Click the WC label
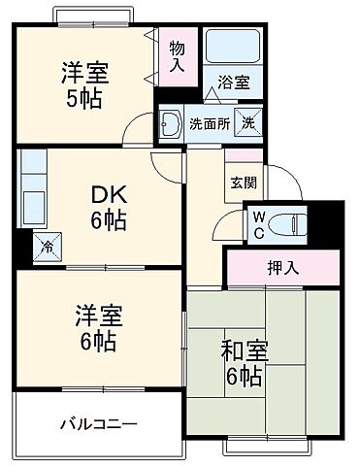[259, 225]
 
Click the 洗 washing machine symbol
[247, 123]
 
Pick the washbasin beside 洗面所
[170, 123]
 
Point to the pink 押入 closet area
[283, 267]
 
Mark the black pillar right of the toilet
[331, 223]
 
